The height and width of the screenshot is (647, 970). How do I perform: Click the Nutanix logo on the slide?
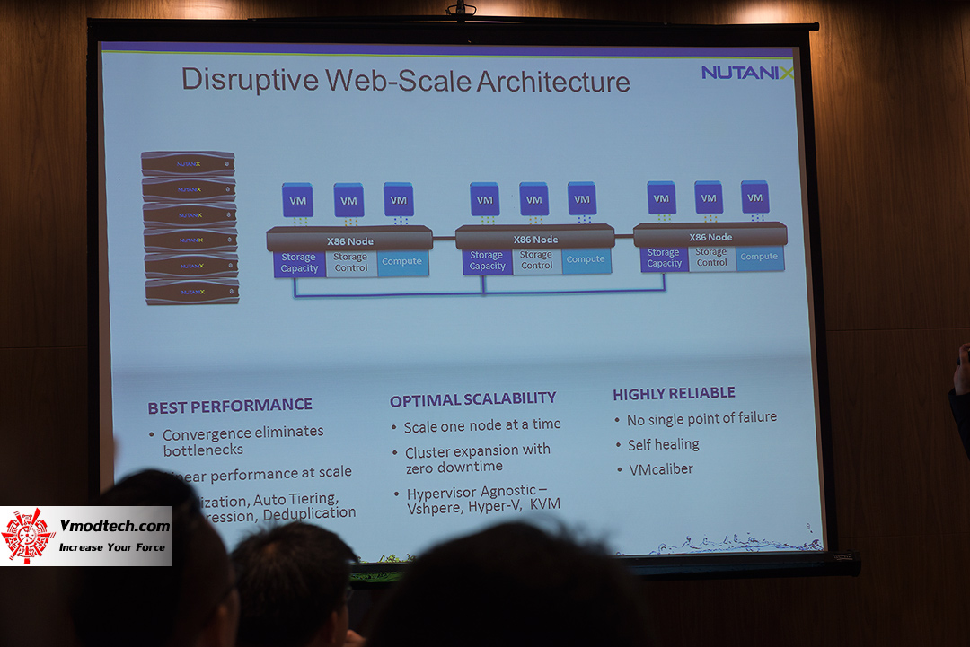(x=747, y=72)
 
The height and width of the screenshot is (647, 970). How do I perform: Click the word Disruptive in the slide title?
(x=250, y=80)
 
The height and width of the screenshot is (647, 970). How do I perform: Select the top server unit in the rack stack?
(x=188, y=163)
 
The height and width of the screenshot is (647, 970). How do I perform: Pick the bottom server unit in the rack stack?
(x=192, y=292)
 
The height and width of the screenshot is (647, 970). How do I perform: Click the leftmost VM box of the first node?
(x=297, y=199)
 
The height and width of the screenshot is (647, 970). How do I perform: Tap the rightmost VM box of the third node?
(x=754, y=197)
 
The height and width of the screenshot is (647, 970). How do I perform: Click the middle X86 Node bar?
(x=535, y=239)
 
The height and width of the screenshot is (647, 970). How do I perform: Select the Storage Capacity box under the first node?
(x=299, y=263)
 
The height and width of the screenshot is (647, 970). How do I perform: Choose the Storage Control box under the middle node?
(x=536, y=260)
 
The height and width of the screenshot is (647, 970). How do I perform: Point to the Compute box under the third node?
(x=759, y=257)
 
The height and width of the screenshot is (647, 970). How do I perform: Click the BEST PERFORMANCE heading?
(x=230, y=407)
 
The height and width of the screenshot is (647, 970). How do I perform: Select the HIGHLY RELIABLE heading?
(x=674, y=393)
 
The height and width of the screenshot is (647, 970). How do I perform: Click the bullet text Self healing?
(x=663, y=444)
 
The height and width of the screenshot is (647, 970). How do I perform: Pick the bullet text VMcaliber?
(x=660, y=468)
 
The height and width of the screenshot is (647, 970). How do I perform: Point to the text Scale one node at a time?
(x=482, y=425)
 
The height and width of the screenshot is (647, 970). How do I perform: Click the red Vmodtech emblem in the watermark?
(x=28, y=537)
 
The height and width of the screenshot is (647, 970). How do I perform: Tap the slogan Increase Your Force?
(x=112, y=546)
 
